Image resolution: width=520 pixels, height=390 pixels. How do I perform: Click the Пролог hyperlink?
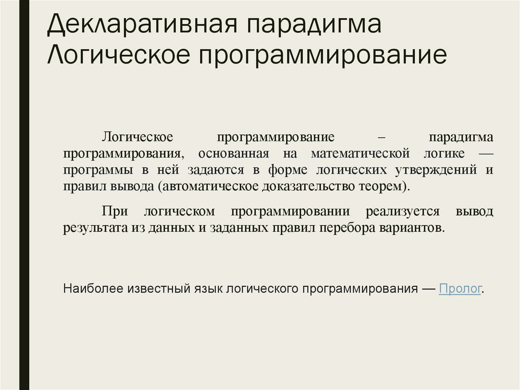pos(460,289)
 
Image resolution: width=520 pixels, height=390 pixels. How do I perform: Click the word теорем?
pos(385,186)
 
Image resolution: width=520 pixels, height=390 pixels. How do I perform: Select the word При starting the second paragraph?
pos(113,211)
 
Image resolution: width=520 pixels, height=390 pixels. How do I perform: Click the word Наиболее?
pos(86,289)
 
